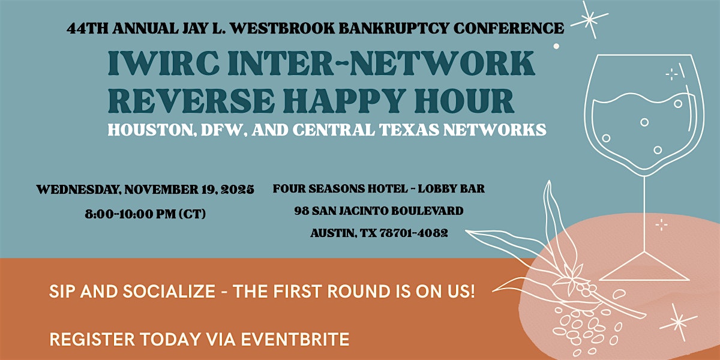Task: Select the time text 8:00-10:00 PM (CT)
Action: tap(146, 213)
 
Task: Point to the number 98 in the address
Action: tap(302, 211)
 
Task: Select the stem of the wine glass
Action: tap(645, 210)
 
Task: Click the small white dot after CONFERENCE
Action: tap(556, 46)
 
